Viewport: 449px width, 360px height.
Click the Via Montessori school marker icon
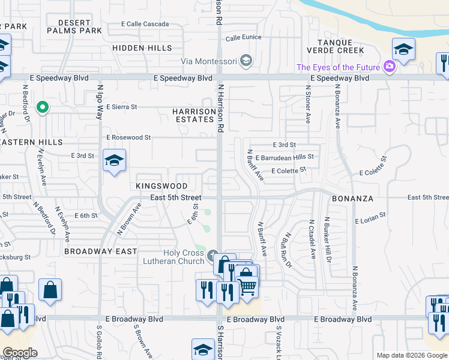point(246,61)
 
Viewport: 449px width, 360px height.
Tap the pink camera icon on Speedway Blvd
point(390,67)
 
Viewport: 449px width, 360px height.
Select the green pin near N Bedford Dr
point(42,108)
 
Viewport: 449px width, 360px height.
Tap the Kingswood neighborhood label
point(161,187)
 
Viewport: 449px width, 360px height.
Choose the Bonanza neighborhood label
point(353,198)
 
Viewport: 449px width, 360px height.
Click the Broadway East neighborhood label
point(101,251)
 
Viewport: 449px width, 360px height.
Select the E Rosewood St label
point(128,137)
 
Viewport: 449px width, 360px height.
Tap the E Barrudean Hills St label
point(285,157)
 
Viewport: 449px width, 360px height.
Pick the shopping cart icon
point(247,285)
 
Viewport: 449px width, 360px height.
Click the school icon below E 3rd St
point(114,161)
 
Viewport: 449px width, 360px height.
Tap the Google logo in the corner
point(20,353)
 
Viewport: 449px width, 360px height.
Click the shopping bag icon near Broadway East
point(50,290)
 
